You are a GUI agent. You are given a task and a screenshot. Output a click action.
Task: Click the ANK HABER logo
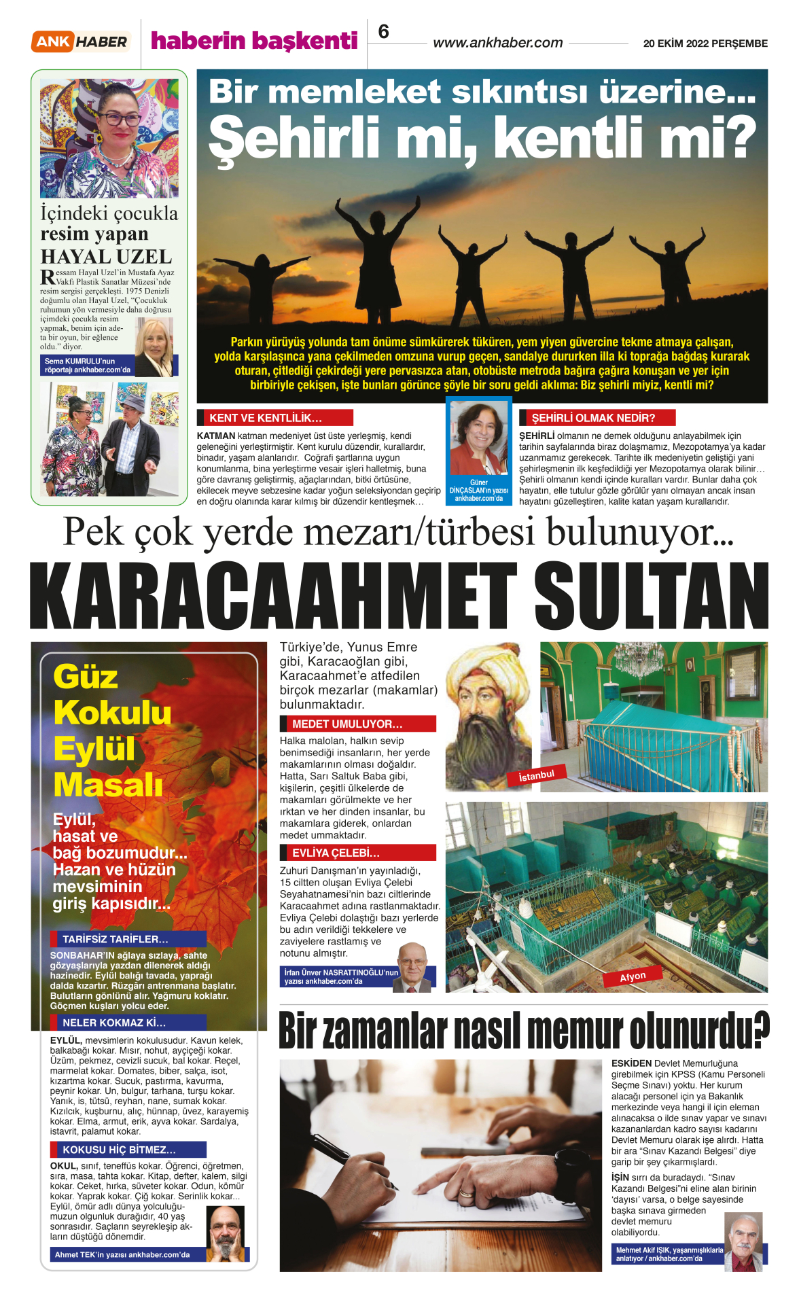80,41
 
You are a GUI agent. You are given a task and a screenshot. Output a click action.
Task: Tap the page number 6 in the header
384,32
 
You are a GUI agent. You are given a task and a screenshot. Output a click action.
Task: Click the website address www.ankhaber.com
498,43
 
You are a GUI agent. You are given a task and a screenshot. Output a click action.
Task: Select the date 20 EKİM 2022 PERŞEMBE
705,43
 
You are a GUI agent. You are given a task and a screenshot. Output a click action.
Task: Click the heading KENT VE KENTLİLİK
266,418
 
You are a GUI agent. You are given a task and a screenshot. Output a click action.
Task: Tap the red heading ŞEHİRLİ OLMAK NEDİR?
593,418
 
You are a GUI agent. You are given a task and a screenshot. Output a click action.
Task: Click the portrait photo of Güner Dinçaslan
479,438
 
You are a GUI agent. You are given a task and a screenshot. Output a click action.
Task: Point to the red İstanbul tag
537,775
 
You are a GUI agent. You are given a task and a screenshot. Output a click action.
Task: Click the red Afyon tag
633,976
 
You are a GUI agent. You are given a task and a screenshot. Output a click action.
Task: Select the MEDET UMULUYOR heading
347,724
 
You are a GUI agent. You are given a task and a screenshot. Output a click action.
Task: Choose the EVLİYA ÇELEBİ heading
336,853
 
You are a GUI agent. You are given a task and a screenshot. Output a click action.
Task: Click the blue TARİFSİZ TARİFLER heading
116,939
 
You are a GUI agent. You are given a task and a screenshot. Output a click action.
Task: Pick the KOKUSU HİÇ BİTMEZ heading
119,1150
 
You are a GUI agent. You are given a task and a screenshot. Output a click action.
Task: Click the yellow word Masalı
108,785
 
